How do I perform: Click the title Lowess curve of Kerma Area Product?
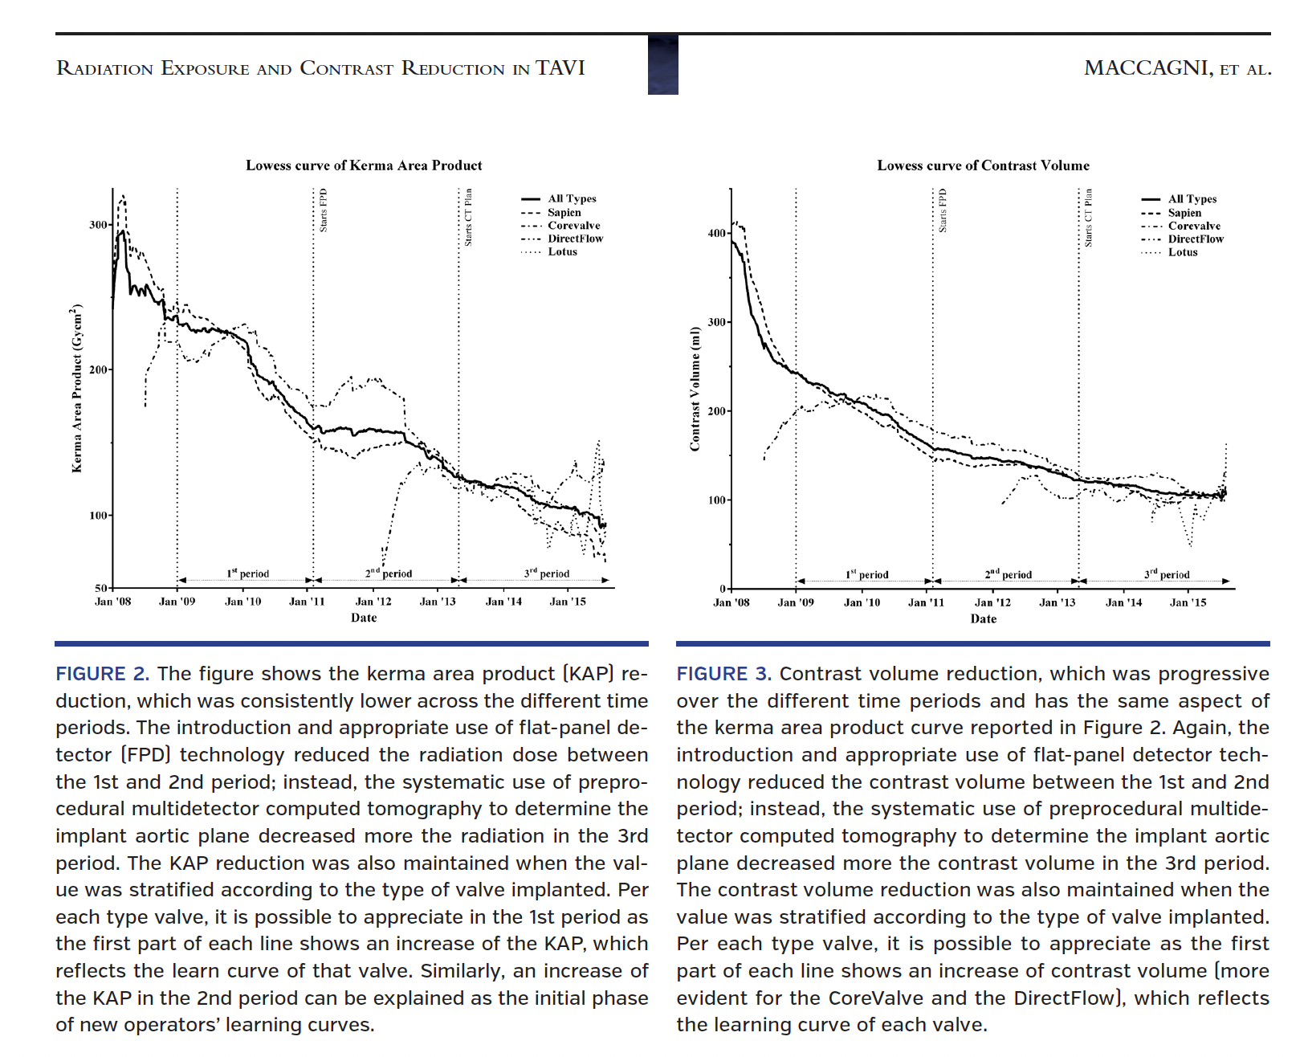tap(364, 165)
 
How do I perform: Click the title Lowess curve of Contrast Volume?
tap(983, 165)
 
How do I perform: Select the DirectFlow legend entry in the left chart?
tap(575, 239)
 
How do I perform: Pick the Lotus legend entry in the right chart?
tap(1182, 252)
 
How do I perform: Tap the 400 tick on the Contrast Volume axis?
tap(717, 233)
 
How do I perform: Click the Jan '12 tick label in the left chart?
tap(373, 602)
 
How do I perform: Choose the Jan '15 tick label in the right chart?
tap(1188, 602)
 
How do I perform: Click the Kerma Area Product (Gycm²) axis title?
tap(77, 389)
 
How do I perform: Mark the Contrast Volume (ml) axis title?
tap(695, 389)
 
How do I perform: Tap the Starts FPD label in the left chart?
tap(324, 210)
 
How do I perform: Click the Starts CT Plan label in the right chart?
tap(1088, 218)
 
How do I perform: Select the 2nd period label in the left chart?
tap(389, 573)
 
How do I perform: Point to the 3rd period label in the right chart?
tap(1167, 574)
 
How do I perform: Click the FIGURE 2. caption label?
tap(102, 674)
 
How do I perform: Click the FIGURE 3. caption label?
tap(723, 674)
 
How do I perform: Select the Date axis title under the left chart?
tap(364, 618)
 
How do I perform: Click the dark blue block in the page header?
tap(662, 65)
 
